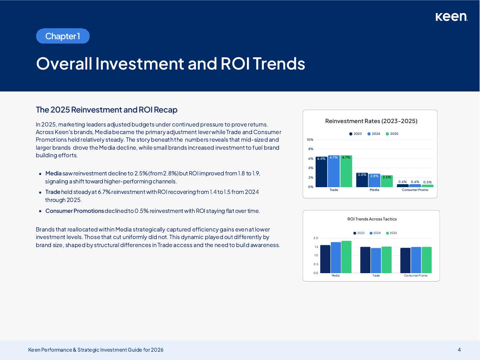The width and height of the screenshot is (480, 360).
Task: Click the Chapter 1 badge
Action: [63, 36]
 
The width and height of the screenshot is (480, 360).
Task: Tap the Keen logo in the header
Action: [451, 17]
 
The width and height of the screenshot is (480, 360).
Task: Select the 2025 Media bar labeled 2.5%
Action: [387, 181]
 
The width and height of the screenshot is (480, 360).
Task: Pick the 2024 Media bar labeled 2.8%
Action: [374, 180]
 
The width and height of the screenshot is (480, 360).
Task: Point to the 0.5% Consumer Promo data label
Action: [427, 182]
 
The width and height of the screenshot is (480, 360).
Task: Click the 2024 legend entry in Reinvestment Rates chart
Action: [374, 134]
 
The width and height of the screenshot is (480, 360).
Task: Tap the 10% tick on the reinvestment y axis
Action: [310, 140]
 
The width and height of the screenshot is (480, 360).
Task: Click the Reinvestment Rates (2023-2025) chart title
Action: [371, 121]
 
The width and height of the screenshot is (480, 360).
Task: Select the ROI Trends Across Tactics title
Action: [372, 219]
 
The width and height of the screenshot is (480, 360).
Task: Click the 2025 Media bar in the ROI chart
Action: [346, 257]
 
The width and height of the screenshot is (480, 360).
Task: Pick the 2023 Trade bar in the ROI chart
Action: [365, 260]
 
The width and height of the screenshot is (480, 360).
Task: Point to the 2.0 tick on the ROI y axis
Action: [316, 238]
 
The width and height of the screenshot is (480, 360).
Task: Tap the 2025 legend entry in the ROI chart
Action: [392, 233]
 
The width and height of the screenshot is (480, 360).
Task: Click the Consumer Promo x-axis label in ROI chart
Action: [416, 276]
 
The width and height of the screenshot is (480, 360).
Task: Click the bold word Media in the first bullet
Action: [53, 173]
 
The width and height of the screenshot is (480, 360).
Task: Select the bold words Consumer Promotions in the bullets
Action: [75, 211]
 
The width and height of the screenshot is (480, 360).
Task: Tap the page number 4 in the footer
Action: [459, 349]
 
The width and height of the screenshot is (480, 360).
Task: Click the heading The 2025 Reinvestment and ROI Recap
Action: [107, 110]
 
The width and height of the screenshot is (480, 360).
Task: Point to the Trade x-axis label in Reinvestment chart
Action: [334, 190]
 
